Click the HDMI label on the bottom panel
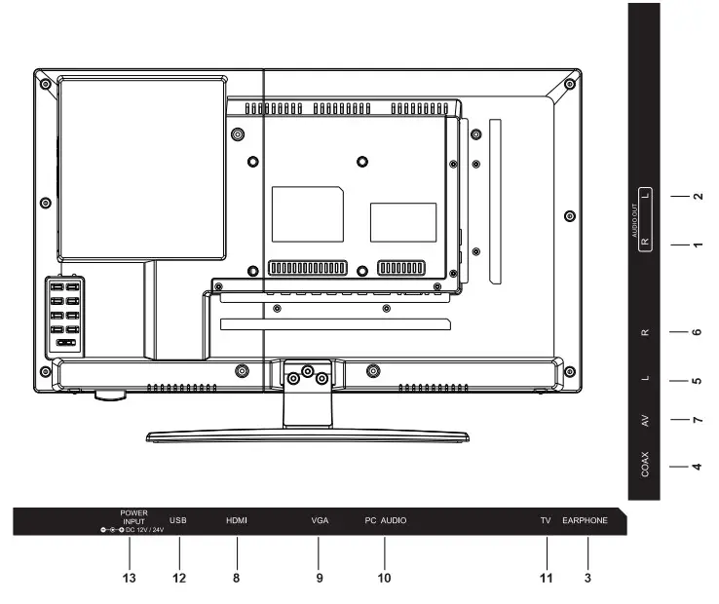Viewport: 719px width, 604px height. click(237, 521)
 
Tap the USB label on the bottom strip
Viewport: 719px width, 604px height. click(177, 521)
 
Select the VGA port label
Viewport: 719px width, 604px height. click(320, 521)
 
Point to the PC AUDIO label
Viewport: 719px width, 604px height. click(386, 521)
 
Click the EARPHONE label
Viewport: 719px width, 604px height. click(586, 521)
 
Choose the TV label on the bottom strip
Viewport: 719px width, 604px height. click(546, 521)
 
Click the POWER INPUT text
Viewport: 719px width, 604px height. click(133, 516)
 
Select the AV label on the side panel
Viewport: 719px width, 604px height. click(646, 421)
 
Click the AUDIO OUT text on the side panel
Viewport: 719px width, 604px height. click(634, 221)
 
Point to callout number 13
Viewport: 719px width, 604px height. click(129, 578)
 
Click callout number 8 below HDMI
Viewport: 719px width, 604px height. click(237, 578)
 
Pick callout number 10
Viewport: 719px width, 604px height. click(384, 578)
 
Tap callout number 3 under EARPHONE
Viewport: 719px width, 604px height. click(587, 578)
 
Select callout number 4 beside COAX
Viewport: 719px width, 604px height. click(697, 466)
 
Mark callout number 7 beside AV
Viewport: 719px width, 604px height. click(697, 421)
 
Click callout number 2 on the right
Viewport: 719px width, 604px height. click(697, 196)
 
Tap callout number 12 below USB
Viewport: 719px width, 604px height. click(178, 578)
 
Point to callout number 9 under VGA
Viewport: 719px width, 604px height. click(319, 578)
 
